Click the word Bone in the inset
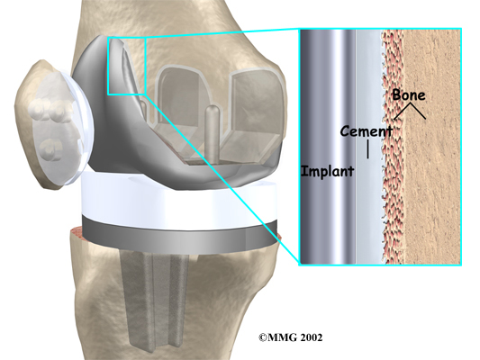409,94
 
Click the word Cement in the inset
367,131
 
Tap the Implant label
328,171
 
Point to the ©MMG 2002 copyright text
291,337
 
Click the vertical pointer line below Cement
367,149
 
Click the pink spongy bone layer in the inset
393,147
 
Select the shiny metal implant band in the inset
328,147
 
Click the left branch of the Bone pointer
403,111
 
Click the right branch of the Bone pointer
418,111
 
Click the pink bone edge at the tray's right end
278,236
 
